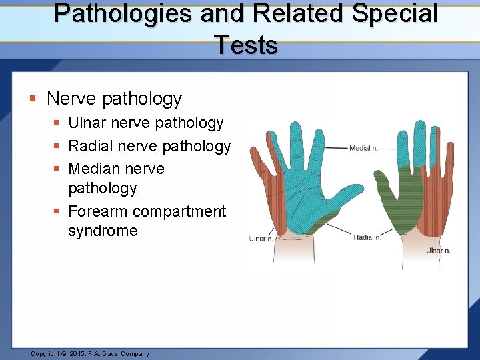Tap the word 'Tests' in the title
[x=246, y=45]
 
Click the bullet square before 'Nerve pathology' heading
[x=33, y=99]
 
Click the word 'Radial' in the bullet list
[x=91, y=146]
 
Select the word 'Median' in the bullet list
[x=94, y=169]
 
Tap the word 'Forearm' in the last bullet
[x=98, y=211]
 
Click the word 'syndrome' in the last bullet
[x=103, y=231]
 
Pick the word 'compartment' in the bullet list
[x=179, y=211]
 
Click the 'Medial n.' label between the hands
[x=364, y=148]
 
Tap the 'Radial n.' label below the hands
[x=367, y=237]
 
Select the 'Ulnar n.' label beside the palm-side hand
[x=260, y=238]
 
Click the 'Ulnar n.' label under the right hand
[x=438, y=251]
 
